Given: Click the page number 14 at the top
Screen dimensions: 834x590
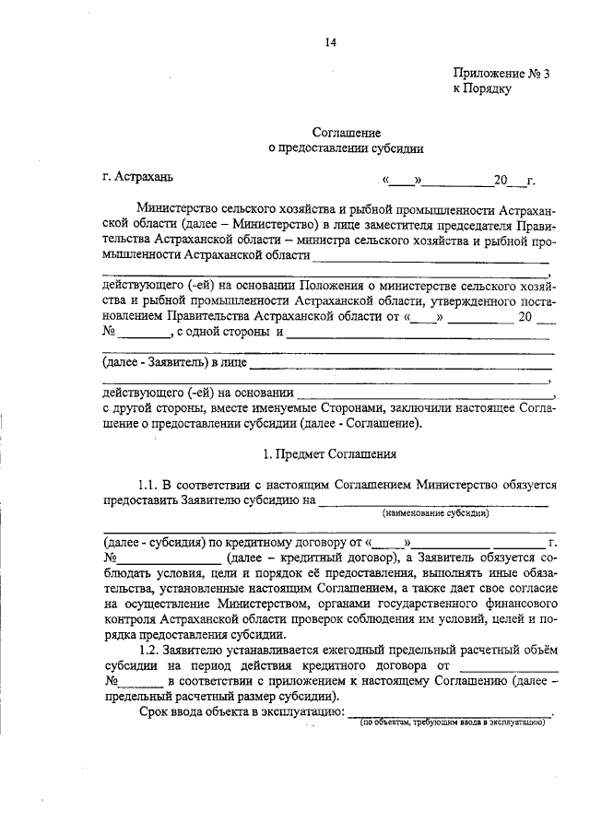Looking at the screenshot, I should (x=330, y=41).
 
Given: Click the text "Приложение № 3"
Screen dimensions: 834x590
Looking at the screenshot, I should (x=501, y=75).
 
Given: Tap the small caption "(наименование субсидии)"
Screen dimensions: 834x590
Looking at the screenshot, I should (x=436, y=512).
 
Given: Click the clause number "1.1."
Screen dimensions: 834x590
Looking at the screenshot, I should (x=148, y=484).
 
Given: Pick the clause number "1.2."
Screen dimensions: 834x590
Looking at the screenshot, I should (x=148, y=649).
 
